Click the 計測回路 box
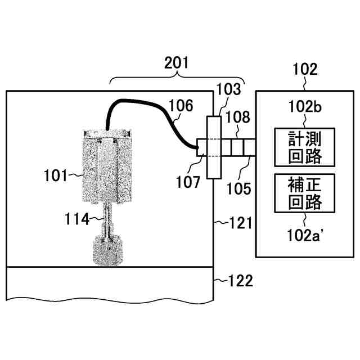[304, 147]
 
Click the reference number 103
[228, 89]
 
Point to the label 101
[55, 175]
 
